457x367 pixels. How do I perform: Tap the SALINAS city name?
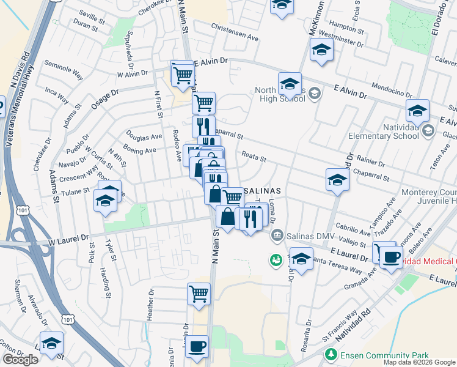tap(263, 190)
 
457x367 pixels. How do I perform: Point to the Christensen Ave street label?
tap(235, 36)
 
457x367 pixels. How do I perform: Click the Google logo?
tap(20, 360)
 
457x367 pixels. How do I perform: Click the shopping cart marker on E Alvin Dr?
tap(182, 74)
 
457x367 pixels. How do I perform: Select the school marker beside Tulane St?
tap(105, 201)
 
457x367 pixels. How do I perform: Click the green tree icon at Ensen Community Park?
tap(331, 354)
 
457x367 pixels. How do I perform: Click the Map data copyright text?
tap(419, 362)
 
